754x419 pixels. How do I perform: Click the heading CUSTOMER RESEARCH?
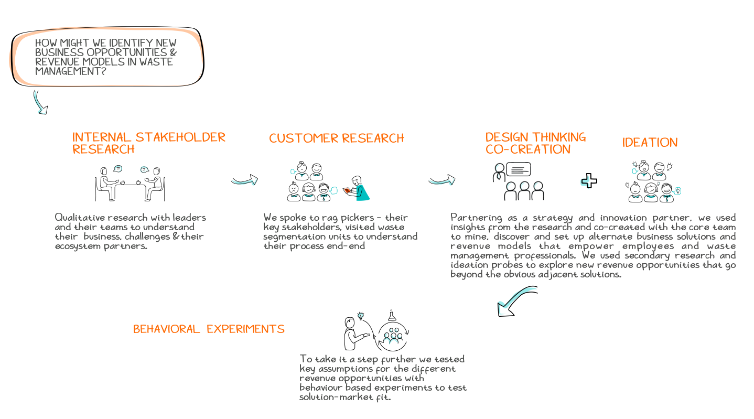[x=336, y=138]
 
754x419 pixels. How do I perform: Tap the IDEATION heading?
[x=650, y=143]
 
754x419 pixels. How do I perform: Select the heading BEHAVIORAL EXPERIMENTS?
[x=209, y=329]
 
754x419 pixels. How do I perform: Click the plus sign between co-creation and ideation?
[x=589, y=181]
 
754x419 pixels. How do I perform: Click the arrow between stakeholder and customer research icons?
[x=244, y=180]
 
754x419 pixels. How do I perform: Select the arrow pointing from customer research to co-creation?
[x=441, y=180]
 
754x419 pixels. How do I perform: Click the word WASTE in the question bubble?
[x=157, y=62]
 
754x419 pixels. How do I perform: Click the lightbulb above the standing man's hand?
[x=361, y=316]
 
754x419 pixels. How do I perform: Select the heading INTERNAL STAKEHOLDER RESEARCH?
[x=148, y=143]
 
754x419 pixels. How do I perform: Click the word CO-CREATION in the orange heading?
[x=527, y=149]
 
